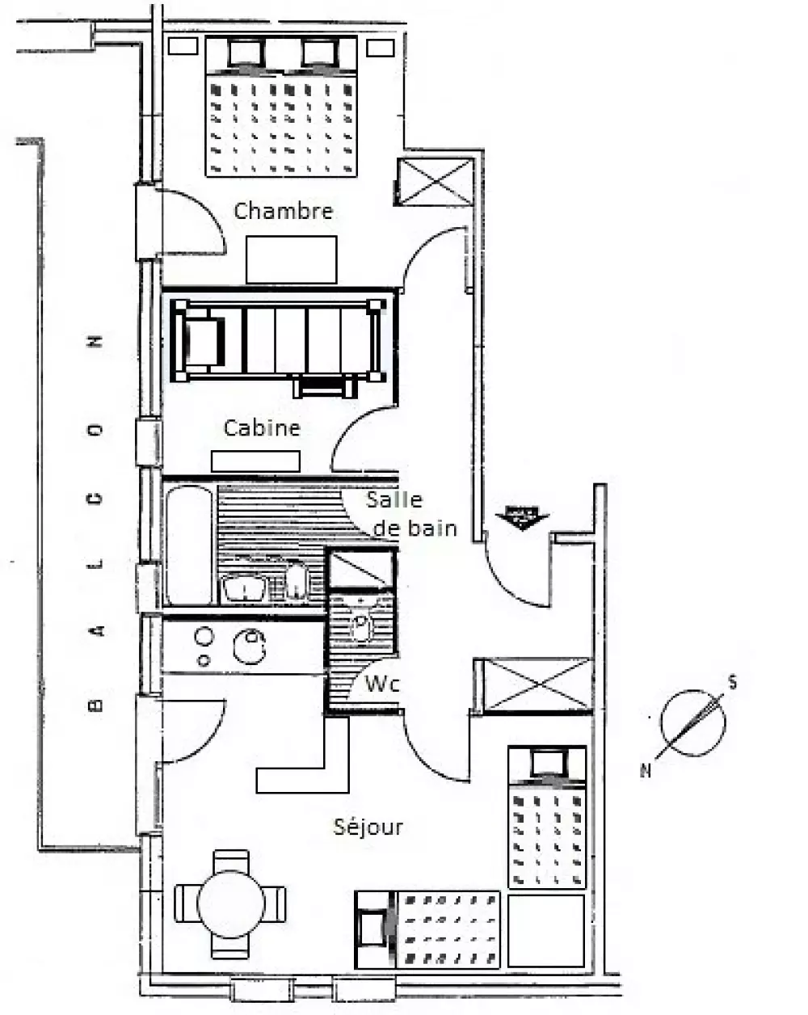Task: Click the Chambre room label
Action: click(283, 211)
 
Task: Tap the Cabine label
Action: click(262, 427)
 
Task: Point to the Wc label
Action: click(381, 684)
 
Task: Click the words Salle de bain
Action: click(410, 514)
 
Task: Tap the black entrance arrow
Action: click(522, 518)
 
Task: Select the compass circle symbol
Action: click(693, 723)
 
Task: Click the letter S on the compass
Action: click(733, 683)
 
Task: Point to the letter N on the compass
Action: click(646, 770)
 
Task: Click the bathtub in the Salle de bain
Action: click(189, 545)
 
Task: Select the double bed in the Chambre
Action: click(281, 107)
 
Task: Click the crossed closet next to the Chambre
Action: click(436, 182)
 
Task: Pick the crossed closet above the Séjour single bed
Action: click(537, 684)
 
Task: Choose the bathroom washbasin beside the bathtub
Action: click(244, 588)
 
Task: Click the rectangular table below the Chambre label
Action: click(292, 260)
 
